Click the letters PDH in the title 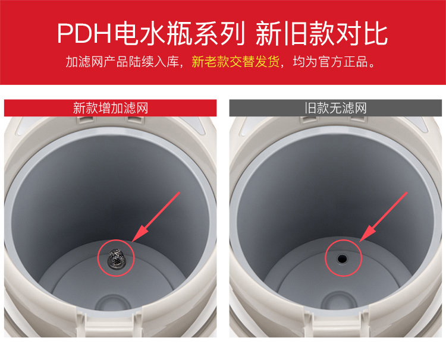click(84, 33)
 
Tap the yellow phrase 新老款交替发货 click(235, 61)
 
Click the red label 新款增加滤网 click(111, 108)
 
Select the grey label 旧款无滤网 click(335, 108)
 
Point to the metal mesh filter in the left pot click(116, 258)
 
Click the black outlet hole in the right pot click(342, 258)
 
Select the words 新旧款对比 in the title click(322, 33)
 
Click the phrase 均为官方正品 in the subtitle click(331, 61)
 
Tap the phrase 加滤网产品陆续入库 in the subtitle click(123, 61)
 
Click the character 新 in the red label click(79, 108)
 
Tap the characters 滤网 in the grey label click(354, 108)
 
